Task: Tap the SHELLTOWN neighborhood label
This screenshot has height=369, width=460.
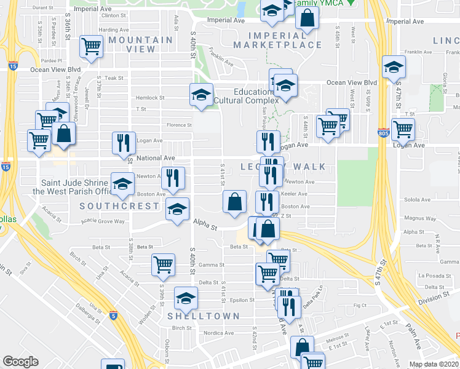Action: click(x=203, y=316)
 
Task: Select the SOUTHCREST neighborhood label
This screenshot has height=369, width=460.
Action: click(x=119, y=206)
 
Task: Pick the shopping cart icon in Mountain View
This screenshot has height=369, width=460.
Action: click(x=92, y=45)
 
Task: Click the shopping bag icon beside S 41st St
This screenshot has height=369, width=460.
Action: click(x=234, y=201)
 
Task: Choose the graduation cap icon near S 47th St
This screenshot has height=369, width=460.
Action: click(x=394, y=67)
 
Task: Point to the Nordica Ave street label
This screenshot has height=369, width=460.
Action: click(x=220, y=333)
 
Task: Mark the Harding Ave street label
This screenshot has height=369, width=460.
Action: click(x=113, y=30)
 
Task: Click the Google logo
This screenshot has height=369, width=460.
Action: click(x=20, y=362)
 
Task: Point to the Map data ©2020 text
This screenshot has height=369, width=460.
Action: click(x=434, y=364)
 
